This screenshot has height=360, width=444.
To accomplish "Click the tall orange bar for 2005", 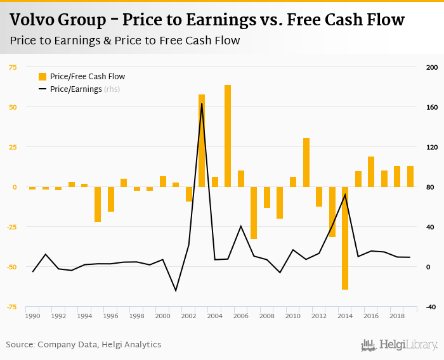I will click(228, 136).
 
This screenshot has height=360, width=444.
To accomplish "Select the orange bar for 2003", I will click(202, 141).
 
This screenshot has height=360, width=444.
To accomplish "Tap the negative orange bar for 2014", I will click(345, 238).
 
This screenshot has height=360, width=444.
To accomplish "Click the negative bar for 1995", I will click(98, 204).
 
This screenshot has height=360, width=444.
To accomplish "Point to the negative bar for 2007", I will click(254, 212).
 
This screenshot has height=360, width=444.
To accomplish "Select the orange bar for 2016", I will click(371, 172).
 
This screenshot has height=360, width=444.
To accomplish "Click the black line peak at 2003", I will click(202, 104).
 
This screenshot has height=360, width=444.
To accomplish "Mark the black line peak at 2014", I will click(345, 195).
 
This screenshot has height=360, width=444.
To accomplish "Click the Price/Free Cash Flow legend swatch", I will click(42, 77).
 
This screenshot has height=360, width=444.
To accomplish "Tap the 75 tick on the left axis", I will click(12, 67).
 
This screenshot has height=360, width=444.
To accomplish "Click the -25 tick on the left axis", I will click(12, 227).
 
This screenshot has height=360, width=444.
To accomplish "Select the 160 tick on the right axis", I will click(432, 107).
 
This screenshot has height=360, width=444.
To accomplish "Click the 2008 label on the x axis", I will click(267, 316).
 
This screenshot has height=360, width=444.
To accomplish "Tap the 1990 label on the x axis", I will click(32, 316).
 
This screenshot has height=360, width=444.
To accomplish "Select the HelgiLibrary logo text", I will click(408, 345).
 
